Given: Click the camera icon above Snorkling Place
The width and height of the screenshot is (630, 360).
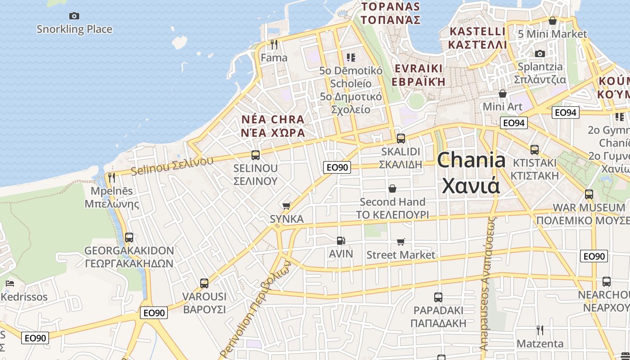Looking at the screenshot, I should [x=74, y=16].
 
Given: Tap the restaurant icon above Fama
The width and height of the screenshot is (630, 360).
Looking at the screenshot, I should [x=274, y=44].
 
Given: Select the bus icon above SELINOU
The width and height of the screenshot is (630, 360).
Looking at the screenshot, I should [x=256, y=155].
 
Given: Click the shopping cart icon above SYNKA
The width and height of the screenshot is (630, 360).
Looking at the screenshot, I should [x=286, y=206].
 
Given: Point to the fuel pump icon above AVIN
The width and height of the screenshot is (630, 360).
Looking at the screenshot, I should [x=341, y=241].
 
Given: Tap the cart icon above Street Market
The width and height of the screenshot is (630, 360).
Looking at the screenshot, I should [x=401, y=242].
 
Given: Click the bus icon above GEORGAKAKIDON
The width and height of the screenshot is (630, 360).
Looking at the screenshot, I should [x=129, y=237].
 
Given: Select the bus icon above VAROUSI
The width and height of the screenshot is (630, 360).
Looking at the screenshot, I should [x=204, y=283].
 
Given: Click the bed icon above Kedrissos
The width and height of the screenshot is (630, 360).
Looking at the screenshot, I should [x=10, y=283].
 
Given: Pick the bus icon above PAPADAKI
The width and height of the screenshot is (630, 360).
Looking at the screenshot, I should [x=438, y=297].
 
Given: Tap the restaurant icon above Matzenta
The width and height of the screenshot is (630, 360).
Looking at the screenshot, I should [x=540, y=330].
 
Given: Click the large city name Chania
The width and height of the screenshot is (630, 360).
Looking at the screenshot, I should [x=471, y=161].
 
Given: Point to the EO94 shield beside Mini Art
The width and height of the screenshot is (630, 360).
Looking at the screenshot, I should [x=514, y=123].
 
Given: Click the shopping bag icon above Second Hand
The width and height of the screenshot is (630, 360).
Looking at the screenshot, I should [x=392, y=189].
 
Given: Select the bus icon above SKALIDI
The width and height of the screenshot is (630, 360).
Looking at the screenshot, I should [x=400, y=138].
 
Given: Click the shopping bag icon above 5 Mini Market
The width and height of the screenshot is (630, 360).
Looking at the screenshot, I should [x=553, y=21].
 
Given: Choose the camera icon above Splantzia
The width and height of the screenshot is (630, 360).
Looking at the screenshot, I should [x=540, y=54].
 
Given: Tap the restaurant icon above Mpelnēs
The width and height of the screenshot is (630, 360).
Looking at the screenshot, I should [x=112, y=177].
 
